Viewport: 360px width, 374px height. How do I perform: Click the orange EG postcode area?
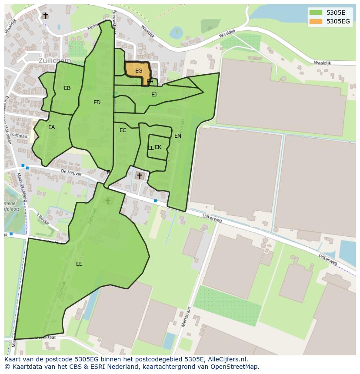(x=138, y=71)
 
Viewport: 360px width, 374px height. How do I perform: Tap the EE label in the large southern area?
(x=79, y=264)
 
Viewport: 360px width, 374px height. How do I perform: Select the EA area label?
(x=52, y=127)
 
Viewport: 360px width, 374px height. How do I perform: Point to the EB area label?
(x=67, y=88)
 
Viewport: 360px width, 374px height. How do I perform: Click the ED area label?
(x=97, y=103)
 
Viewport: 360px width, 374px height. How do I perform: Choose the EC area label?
(x=123, y=130)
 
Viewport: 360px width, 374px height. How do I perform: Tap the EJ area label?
(x=154, y=94)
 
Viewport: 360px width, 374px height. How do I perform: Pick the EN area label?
(x=178, y=136)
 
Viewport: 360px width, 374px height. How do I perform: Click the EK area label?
(x=158, y=147)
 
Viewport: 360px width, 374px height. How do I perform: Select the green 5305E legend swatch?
(x=316, y=13)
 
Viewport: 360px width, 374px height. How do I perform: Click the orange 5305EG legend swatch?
(x=316, y=21)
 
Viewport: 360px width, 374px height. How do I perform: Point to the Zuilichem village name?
(x=54, y=60)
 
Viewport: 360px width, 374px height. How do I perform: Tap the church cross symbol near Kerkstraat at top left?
(x=46, y=16)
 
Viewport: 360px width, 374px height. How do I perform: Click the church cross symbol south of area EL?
(x=140, y=175)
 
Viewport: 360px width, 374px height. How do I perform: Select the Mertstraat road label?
(x=187, y=317)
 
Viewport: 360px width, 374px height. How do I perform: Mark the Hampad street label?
(x=19, y=136)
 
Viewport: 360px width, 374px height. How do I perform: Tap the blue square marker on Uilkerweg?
(x=155, y=201)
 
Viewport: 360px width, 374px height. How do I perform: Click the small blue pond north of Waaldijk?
(x=177, y=32)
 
